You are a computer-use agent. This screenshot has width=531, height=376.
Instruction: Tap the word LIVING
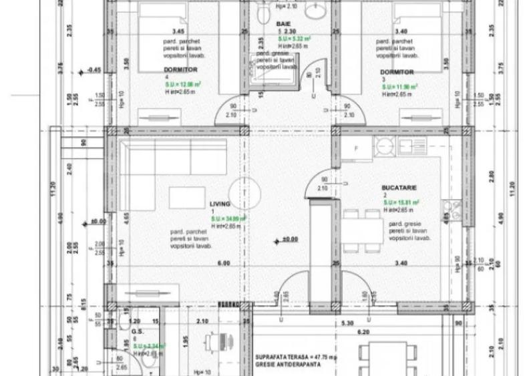point(220,203)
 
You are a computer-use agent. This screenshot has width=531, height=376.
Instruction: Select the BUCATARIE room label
point(399,189)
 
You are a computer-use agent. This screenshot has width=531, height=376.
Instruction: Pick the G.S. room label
point(138,331)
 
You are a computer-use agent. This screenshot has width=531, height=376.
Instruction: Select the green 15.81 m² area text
point(401,202)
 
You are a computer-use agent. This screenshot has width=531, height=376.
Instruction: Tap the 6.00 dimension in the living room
point(224,263)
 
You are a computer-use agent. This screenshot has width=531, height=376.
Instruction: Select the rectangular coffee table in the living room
point(187,198)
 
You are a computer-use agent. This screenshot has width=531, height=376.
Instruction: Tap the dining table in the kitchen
point(361,231)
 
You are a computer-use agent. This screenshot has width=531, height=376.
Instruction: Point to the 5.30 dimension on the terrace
point(347,323)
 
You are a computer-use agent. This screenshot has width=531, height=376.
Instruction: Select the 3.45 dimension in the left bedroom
point(178,31)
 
